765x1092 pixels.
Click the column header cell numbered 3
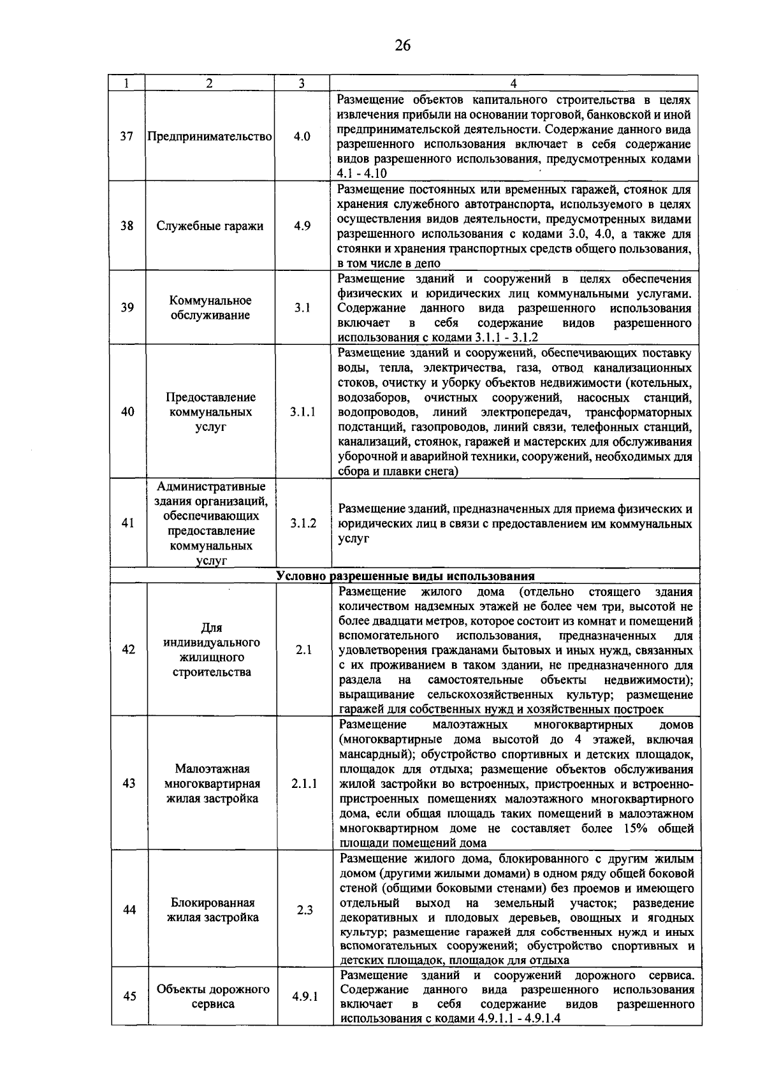(302, 84)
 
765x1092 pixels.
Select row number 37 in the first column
(127, 137)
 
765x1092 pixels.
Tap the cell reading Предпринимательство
(210, 137)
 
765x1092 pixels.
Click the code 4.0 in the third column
(302, 137)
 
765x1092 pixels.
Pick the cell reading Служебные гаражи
(210, 226)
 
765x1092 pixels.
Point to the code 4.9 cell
(302, 226)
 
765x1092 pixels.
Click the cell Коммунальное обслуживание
(210, 308)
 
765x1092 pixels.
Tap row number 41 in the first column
(127, 523)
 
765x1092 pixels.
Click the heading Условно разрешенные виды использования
(405, 576)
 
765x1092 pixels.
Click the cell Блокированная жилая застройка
(212, 910)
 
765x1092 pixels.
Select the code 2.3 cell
(305, 910)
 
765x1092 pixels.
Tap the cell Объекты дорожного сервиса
(213, 996)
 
